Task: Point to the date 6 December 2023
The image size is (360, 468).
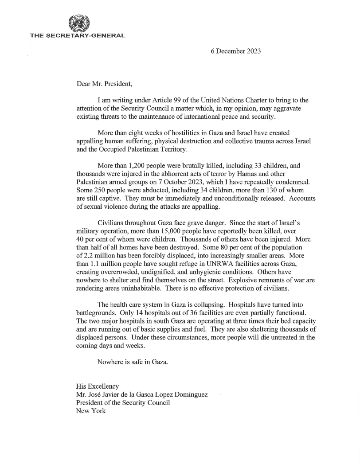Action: (x=235, y=51)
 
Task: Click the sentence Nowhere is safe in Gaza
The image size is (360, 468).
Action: (x=133, y=362)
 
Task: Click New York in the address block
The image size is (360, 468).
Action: (x=91, y=411)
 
